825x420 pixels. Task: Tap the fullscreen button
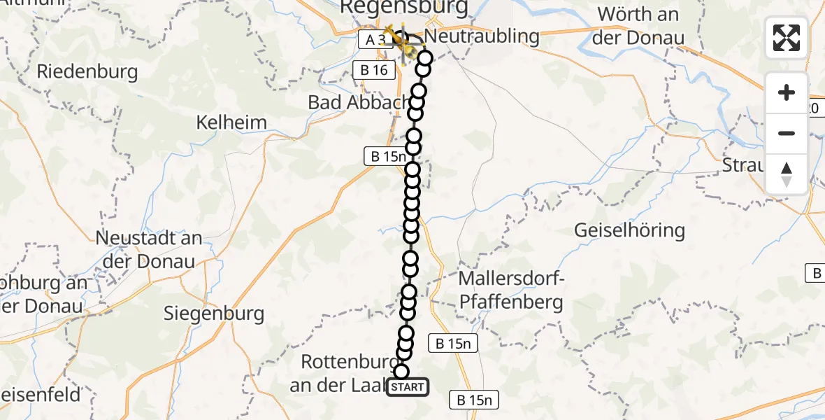click(787, 38)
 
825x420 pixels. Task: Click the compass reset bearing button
click(787, 174)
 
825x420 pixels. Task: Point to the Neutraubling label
click(482, 36)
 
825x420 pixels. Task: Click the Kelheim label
click(231, 122)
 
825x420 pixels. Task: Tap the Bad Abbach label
click(357, 102)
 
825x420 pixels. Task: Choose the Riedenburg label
click(87, 71)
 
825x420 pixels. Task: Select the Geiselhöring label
click(629, 230)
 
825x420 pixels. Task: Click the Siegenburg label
click(214, 313)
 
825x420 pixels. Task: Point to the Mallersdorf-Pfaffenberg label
click(511, 290)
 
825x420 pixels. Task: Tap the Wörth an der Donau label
click(638, 25)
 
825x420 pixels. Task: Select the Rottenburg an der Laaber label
click(343, 374)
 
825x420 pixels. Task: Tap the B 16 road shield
click(375, 70)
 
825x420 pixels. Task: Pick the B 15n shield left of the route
click(385, 157)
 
